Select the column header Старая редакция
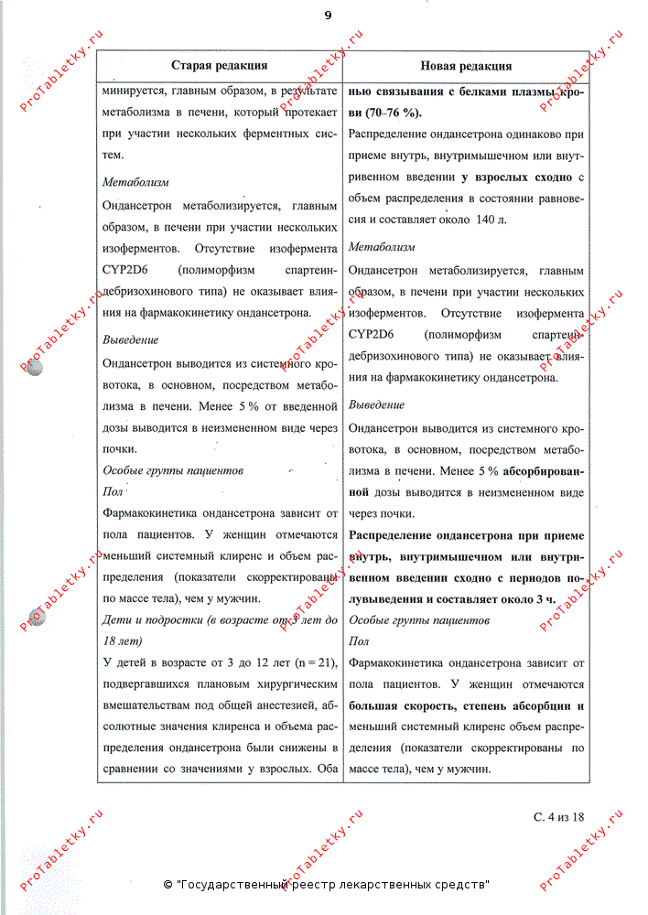click(x=219, y=66)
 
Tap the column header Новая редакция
click(x=466, y=66)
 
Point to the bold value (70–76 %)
click(x=386, y=113)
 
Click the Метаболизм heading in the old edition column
click(x=135, y=182)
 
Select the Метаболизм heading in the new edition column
click(x=382, y=247)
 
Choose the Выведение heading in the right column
click(x=376, y=404)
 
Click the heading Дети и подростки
click(x=155, y=620)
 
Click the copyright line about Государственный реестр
click(x=326, y=885)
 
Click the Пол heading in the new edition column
click(x=359, y=640)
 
